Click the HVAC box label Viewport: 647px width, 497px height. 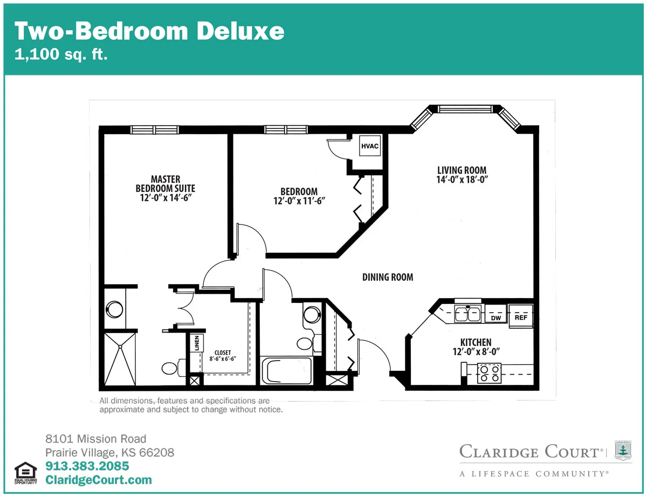(x=370, y=146)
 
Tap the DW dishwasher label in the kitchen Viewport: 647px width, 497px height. (x=495, y=318)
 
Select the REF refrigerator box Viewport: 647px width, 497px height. (x=521, y=316)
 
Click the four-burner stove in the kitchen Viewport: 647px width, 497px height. (x=489, y=374)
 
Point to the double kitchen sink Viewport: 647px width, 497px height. (x=467, y=314)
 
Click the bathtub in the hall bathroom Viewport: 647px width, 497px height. (x=286, y=371)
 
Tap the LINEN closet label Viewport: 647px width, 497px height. (x=197, y=343)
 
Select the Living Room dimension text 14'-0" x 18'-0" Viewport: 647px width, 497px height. (x=462, y=180)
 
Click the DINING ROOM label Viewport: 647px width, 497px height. (x=388, y=277)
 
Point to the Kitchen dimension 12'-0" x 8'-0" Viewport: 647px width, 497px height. (x=476, y=351)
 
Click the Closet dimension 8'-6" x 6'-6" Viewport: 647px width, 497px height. (x=223, y=358)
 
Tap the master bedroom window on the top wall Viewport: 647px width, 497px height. (x=155, y=130)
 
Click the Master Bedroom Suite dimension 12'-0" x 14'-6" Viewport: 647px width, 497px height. (x=166, y=198)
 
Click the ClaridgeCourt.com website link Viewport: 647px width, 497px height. (x=99, y=480)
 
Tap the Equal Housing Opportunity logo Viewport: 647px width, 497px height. (x=25, y=473)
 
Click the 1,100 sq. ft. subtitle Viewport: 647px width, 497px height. (x=61, y=54)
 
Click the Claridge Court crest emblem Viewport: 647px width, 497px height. (x=623, y=450)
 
